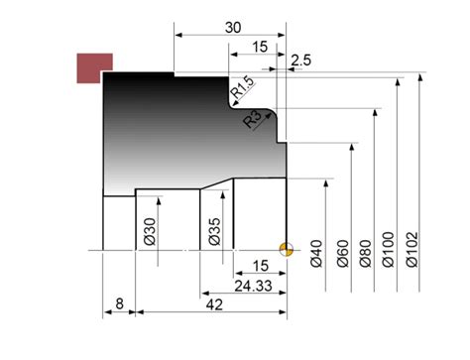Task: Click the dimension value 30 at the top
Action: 232,28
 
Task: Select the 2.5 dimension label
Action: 301,60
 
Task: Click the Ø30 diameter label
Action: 150,229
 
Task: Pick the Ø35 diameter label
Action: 214,229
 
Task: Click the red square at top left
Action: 95,67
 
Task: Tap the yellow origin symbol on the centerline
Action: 287,249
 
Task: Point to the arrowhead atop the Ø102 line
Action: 423,77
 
